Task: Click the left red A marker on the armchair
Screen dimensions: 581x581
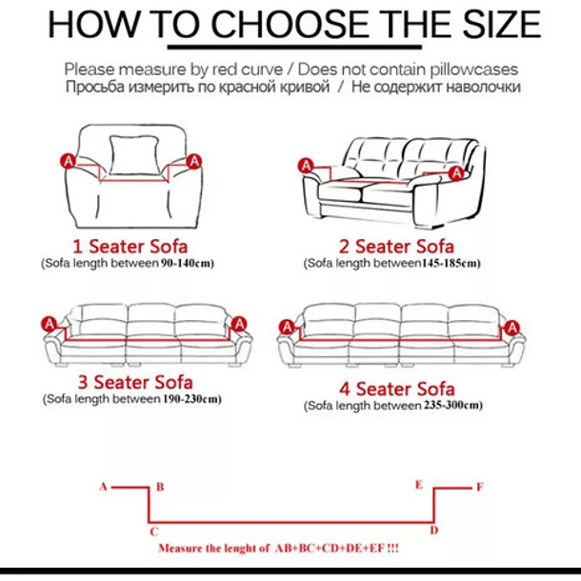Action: (x=69, y=162)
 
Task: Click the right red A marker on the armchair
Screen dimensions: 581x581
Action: (x=194, y=162)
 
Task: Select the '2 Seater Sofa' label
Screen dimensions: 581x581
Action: (x=391, y=247)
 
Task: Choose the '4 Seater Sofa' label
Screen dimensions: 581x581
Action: (x=396, y=389)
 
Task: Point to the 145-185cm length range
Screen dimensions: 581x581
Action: (x=451, y=263)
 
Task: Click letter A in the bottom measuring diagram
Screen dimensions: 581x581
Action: (x=103, y=487)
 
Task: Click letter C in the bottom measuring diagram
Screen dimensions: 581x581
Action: (x=152, y=531)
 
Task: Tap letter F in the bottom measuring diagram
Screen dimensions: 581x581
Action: (x=479, y=487)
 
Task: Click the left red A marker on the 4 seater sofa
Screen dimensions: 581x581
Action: (x=285, y=328)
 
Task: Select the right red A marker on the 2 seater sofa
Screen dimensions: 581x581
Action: (x=456, y=172)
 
